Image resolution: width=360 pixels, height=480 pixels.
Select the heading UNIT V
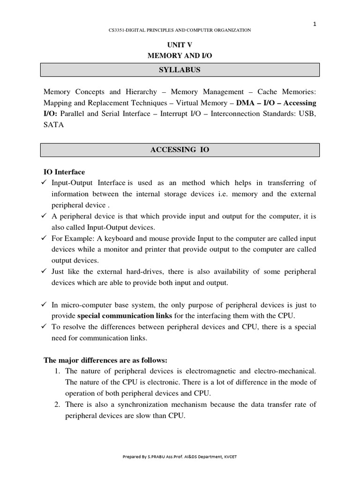[180, 45]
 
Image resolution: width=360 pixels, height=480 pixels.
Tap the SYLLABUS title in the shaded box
[180, 70]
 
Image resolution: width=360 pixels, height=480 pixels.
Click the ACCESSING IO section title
[180, 150]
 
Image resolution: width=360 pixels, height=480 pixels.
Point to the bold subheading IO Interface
[64, 172]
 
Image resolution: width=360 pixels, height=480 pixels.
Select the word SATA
[53, 125]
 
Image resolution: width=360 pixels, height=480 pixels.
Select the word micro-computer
[81, 305]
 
